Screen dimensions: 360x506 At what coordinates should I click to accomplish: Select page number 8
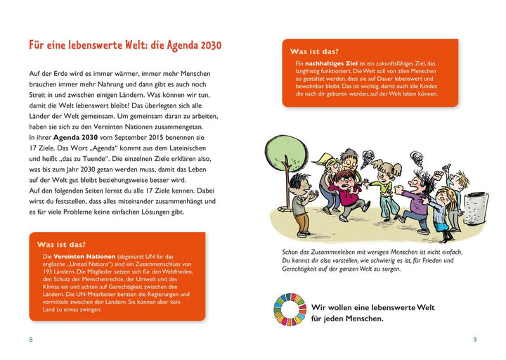pos(30,340)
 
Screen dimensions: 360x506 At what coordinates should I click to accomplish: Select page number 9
pos(475,340)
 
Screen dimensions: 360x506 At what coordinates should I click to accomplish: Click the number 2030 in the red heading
pos(205,46)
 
